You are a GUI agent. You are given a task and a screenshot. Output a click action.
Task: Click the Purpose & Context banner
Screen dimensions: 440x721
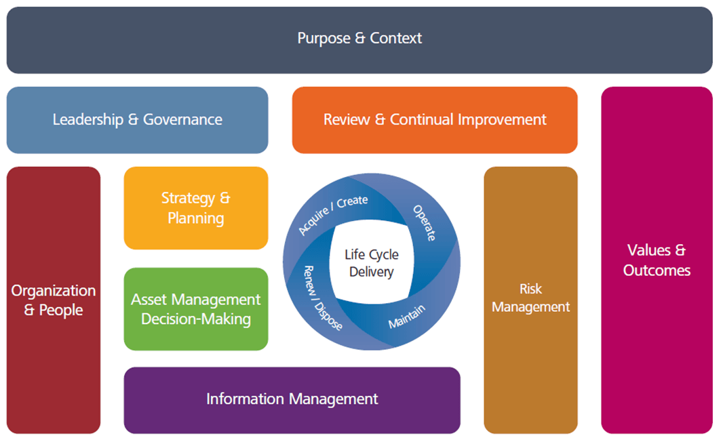tap(359, 39)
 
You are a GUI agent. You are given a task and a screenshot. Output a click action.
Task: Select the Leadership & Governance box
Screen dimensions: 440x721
tap(137, 120)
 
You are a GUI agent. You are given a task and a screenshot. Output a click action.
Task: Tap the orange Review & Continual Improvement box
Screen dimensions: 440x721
tap(434, 120)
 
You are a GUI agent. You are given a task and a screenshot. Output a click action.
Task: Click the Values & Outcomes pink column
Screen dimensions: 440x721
tap(656, 260)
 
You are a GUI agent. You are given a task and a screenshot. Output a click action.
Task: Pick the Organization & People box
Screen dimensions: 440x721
tap(53, 300)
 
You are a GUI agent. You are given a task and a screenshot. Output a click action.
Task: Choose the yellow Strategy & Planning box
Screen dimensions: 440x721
tap(195, 208)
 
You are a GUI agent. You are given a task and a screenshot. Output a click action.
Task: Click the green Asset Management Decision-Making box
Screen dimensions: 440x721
tap(195, 309)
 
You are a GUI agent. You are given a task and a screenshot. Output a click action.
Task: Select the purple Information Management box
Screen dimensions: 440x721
tap(292, 399)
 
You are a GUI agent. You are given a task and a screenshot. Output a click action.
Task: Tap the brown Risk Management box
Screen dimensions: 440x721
tap(530, 298)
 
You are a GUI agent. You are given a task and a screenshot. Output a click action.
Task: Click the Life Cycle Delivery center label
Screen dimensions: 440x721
tap(371, 263)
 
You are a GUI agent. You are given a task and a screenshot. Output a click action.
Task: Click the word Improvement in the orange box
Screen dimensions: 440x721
tap(503, 120)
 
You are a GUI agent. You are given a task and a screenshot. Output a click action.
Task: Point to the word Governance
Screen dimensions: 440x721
tap(184, 120)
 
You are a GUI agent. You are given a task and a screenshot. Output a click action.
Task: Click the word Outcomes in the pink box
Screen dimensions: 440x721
tap(656, 271)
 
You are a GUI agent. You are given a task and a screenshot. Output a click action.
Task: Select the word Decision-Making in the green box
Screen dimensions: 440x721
tap(195, 319)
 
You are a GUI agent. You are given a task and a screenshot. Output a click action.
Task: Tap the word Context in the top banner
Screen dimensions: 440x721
tap(396, 39)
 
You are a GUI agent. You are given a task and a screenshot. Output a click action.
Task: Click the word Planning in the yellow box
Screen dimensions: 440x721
tap(195, 218)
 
